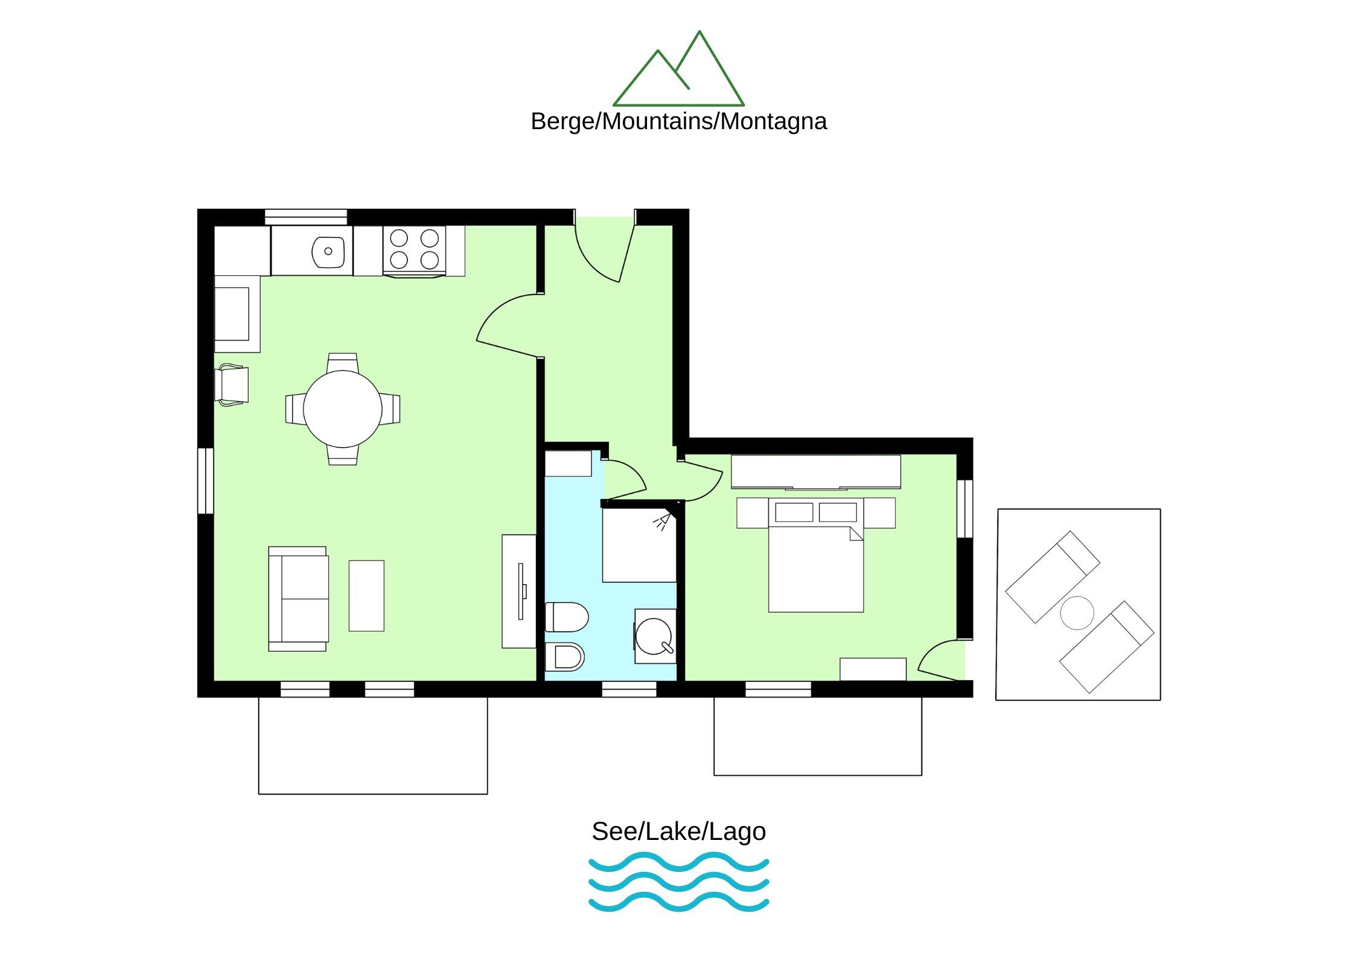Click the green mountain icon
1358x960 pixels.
[678, 69]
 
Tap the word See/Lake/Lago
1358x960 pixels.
[678, 831]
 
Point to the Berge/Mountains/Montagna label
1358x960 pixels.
[678, 121]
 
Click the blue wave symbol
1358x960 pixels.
[678, 882]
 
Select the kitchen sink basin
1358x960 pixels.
[328, 252]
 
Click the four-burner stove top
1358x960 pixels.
[414, 249]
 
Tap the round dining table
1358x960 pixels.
[342, 408]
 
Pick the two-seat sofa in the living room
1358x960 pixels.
[298, 599]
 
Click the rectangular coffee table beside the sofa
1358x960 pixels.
[366, 596]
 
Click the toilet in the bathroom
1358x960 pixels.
[567, 617]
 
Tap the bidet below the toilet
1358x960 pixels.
[565, 656]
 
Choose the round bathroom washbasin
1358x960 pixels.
[654, 636]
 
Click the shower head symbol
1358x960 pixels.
[663, 521]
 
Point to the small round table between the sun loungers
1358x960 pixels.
[1077, 612]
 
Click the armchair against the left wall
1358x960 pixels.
[231, 385]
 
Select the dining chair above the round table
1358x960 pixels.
[342, 363]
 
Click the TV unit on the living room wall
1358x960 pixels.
[519, 591]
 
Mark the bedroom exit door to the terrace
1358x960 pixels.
[939, 660]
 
